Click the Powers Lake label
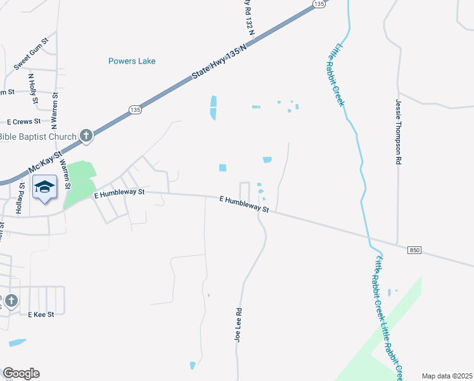coord(132,61)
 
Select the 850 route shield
coord(414,251)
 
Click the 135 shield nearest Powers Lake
coord(135,110)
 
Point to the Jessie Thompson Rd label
coord(399,132)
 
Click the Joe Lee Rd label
coord(239,325)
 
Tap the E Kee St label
coord(41,314)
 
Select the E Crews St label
coord(23,121)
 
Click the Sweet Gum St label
coord(30,57)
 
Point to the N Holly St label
coord(32,89)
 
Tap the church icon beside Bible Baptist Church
coord(86,135)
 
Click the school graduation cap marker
coord(44,187)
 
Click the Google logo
coord(21,373)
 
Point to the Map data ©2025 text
coord(447,376)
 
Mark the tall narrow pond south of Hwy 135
coord(213,107)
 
